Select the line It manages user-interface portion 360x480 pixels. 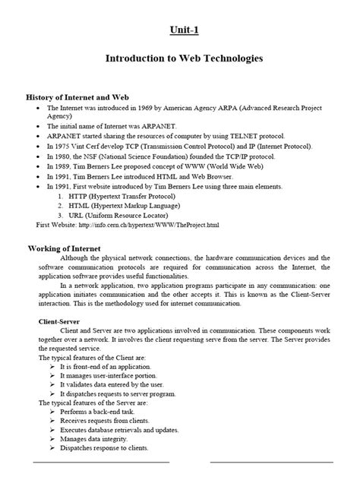(x=115, y=374)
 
